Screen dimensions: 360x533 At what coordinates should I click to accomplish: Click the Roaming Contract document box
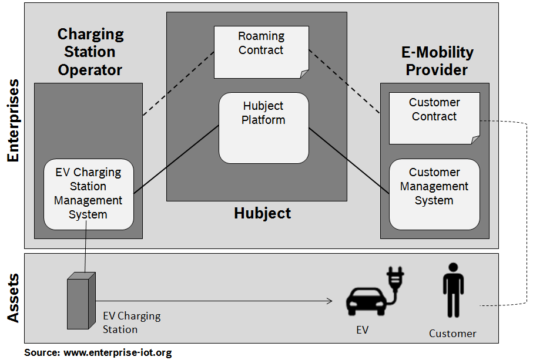tap(261, 52)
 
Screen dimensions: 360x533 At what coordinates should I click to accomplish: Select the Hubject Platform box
tap(264, 128)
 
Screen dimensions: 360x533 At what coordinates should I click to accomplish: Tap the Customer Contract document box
tap(434, 117)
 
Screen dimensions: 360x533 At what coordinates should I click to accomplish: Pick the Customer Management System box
tap(434, 194)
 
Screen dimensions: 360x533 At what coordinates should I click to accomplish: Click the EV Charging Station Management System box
tap(89, 194)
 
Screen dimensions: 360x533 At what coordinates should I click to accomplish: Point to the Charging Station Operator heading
tap(90, 52)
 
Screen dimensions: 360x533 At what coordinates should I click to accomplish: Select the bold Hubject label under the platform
tap(262, 213)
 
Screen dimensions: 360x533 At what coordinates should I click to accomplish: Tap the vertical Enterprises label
tap(13, 120)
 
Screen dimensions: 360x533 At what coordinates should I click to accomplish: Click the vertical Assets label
tap(13, 298)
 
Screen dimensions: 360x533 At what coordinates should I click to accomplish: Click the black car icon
tap(364, 301)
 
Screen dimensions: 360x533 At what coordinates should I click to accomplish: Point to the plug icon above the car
tap(393, 281)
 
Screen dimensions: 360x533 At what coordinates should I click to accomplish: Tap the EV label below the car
tap(363, 330)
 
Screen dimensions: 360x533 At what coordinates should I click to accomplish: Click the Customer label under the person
tap(452, 334)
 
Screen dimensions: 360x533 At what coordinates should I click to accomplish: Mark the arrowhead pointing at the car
tap(329, 301)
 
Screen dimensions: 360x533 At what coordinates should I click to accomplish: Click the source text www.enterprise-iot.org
tap(118, 353)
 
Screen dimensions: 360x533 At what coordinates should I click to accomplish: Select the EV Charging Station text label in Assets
tap(131, 322)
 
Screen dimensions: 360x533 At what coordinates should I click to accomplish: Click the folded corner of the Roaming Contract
tap(304, 73)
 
